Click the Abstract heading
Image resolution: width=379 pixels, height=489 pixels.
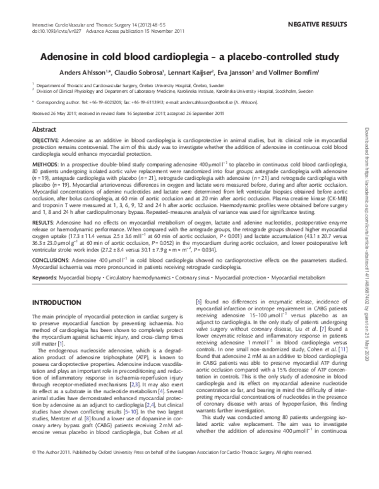(44, 129)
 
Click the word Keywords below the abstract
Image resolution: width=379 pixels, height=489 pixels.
(46, 278)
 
